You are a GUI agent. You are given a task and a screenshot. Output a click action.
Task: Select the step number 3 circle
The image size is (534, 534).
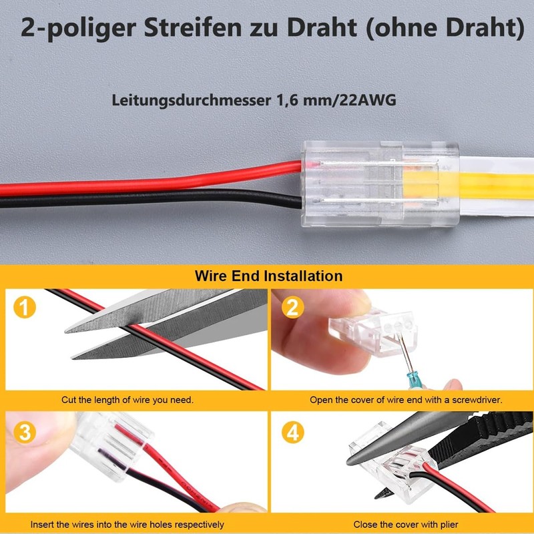pyautogui.click(x=25, y=431)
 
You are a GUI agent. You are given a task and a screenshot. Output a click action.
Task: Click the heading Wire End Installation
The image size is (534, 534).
pyautogui.click(x=268, y=276)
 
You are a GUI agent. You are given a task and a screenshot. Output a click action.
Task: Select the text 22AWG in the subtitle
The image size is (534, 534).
pyautogui.click(x=368, y=101)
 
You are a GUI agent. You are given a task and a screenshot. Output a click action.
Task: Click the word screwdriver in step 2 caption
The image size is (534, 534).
pyautogui.click(x=468, y=400)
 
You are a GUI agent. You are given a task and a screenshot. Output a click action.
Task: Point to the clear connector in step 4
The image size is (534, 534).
pyautogui.click(x=390, y=461)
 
